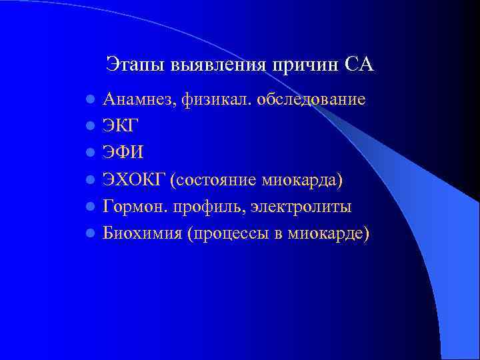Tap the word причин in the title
point(307,65)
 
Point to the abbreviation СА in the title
point(361,65)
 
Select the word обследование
point(314,100)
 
